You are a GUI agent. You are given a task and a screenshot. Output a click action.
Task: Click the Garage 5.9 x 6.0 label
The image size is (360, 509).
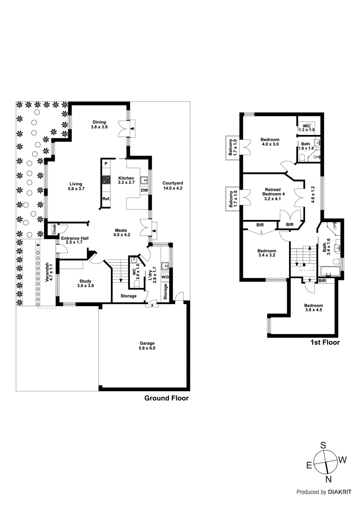(x=147, y=346)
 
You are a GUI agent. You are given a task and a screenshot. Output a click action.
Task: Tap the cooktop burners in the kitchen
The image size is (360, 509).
(x=106, y=180)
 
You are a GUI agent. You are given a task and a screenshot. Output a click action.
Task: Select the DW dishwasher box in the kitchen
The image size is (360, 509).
(x=144, y=190)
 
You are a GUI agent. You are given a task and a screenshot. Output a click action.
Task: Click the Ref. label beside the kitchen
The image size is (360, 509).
(x=106, y=199)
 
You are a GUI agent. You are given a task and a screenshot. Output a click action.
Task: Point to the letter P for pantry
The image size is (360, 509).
(x=106, y=164)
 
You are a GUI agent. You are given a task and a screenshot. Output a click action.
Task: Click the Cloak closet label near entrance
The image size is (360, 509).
(x=54, y=229)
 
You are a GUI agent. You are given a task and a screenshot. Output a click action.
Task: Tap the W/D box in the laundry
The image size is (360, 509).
(x=165, y=277)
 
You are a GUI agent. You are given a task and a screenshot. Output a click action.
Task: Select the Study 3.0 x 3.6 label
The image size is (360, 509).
(x=85, y=283)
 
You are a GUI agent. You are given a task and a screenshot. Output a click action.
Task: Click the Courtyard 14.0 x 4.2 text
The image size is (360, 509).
(x=173, y=185)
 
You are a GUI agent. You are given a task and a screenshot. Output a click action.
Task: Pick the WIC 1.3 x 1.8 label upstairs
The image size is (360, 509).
(x=307, y=128)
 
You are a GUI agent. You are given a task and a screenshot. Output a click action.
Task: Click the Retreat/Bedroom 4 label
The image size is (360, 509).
(x=273, y=194)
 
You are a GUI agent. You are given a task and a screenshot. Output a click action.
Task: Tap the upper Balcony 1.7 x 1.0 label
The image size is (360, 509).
(x=233, y=147)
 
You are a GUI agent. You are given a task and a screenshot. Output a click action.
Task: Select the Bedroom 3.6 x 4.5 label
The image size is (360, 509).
(x=314, y=308)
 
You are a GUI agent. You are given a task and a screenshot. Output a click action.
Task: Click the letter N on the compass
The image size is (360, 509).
(x=328, y=479)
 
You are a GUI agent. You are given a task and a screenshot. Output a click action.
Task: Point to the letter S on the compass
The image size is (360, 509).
(x=323, y=445)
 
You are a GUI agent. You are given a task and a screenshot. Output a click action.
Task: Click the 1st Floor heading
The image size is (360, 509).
(x=325, y=343)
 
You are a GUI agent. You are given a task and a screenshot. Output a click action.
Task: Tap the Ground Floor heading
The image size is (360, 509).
(x=166, y=398)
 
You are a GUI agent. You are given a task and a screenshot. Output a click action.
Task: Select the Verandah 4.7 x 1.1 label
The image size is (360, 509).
(x=49, y=272)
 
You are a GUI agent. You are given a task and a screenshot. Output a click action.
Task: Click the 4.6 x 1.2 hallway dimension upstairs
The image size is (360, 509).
(x=313, y=194)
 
